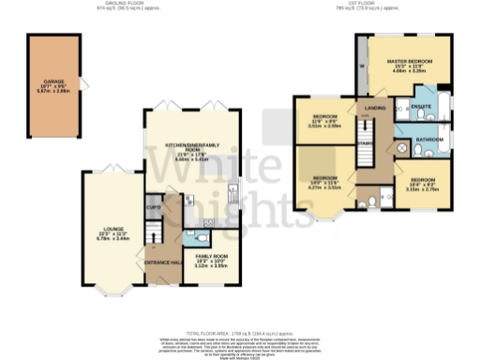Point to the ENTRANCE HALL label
pos(161,262)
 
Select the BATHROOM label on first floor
pos(430,139)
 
